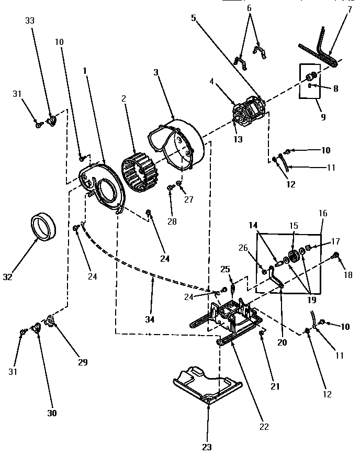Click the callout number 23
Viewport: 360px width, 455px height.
tap(194, 17)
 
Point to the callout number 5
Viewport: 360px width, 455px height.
tap(194, 17)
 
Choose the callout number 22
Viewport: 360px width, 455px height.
tap(264, 426)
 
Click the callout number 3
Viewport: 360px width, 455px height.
tap(155, 72)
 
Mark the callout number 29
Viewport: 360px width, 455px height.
tap(83, 362)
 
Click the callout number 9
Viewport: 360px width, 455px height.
tap(323, 117)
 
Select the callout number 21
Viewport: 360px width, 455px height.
tap(275, 386)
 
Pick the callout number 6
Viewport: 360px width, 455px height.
tap(249, 9)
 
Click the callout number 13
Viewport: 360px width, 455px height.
tap(238, 139)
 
